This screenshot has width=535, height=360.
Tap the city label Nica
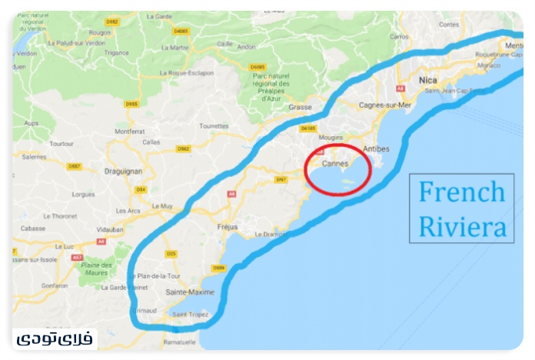tap(428, 80)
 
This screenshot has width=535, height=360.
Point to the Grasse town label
tap(300, 107)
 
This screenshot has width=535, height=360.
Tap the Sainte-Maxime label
tap(190, 292)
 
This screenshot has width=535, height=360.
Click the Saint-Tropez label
tap(191, 315)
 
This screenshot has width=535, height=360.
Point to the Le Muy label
tap(162, 205)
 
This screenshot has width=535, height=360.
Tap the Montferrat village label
tap(129, 132)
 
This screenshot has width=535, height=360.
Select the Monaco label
tap(488, 65)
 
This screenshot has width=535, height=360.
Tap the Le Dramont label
tap(270, 234)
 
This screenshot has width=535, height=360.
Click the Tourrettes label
tap(214, 125)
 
